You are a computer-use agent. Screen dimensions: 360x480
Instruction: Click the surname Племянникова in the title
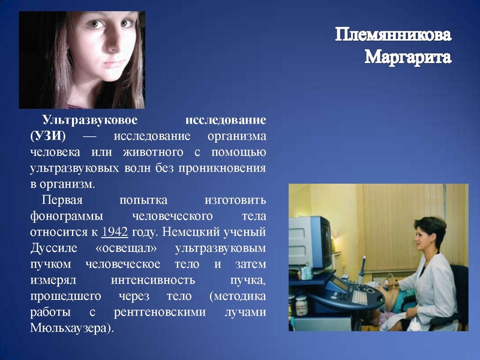click(393, 35)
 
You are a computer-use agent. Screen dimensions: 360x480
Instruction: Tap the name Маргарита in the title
click(407, 58)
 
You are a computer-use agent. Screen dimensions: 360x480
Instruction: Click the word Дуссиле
click(52, 248)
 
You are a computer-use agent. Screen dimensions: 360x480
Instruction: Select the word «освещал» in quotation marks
click(127, 248)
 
